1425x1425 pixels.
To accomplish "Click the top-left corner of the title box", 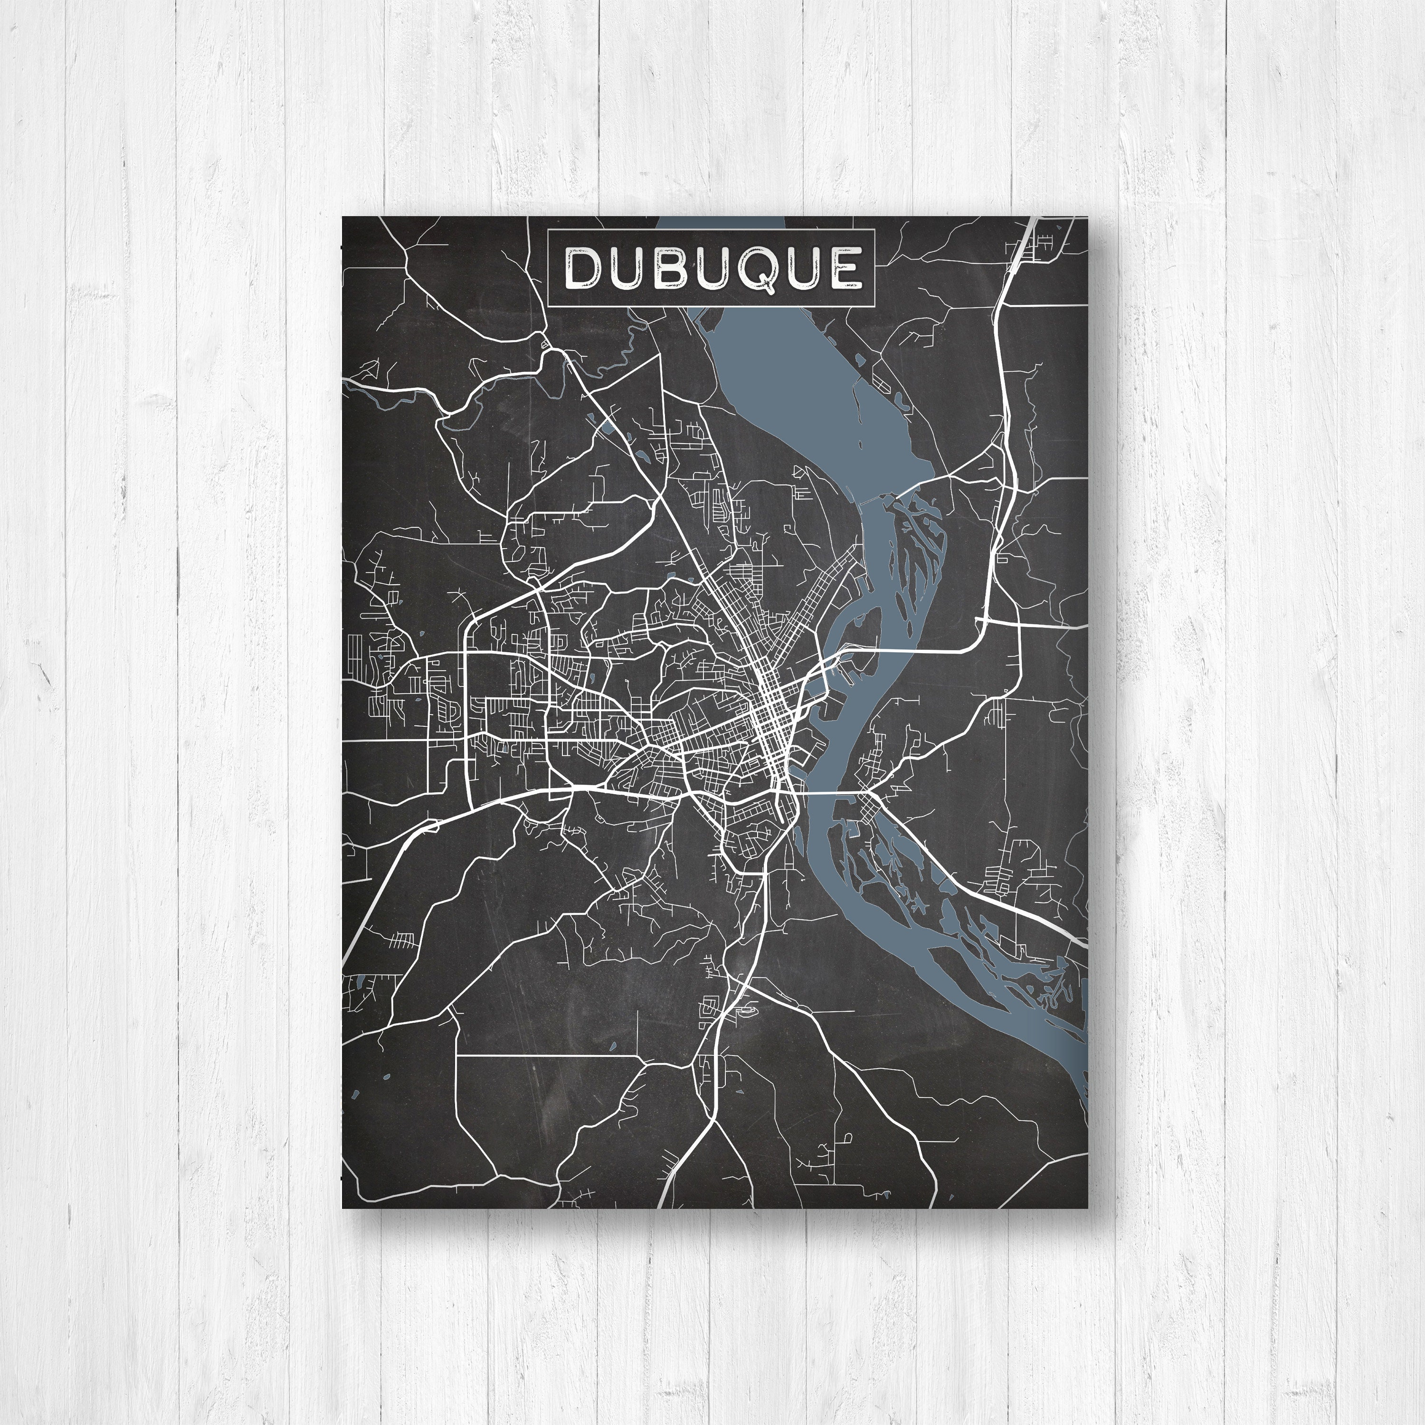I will tap(548, 230).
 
